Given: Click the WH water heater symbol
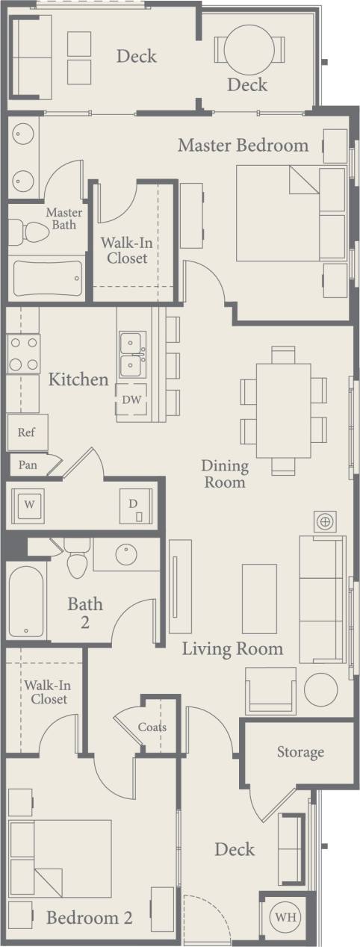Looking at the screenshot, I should coord(284,916).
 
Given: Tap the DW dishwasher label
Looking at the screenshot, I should coord(131,400).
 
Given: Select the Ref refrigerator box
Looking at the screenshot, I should coord(27,432).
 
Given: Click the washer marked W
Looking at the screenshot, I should coord(30,504).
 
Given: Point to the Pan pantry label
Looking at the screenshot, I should coord(28,465).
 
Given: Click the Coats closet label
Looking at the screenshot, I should coord(152,727).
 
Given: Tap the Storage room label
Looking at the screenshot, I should coord(300,751).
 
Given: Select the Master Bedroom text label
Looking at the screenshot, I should coord(243,145).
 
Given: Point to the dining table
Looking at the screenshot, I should coord(283,410).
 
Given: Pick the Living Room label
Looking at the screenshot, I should coord(232,648).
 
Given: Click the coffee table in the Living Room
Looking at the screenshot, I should coord(259,599).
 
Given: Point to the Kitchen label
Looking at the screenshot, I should coord(78,379).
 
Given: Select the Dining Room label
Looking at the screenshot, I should coord(224,473).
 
